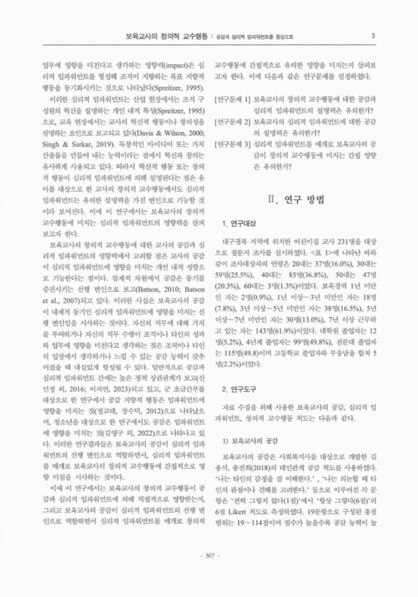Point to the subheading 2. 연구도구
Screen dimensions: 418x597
(x=242, y=410)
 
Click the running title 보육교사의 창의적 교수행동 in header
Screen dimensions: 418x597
(x=163, y=35)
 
